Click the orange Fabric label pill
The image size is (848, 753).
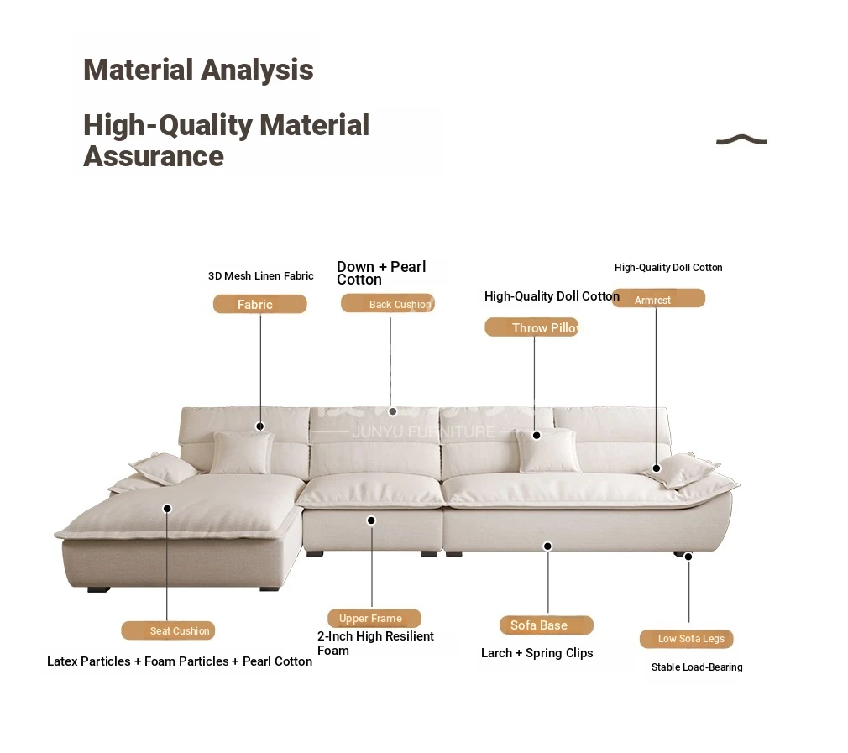(x=259, y=304)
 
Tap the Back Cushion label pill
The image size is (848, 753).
(x=388, y=303)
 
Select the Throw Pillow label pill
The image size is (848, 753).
(x=531, y=327)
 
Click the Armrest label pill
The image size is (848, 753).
(x=658, y=298)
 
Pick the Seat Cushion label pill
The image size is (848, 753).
(x=168, y=630)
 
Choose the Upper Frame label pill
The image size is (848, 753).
(x=374, y=618)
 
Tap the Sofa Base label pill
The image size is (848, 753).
(x=547, y=625)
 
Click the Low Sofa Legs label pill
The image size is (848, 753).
(x=686, y=638)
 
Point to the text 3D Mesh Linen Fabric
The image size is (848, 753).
(x=260, y=275)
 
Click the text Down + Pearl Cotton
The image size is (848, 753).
(x=381, y=273)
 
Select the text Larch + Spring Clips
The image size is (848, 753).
(x=537, y=653)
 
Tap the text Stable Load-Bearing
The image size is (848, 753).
(x=697, y=667)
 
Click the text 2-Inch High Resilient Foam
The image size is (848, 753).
(x=375, y=643)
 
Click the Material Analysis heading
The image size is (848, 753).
(x=198, y=70)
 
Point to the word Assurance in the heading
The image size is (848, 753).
(x=154, y=156)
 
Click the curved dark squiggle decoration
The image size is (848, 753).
(x=741, y=139)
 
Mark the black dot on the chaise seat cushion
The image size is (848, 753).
(x=167, y=508)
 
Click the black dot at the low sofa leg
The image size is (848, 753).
(x=688, y=557)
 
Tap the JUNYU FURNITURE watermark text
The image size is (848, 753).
(x=423, y=432)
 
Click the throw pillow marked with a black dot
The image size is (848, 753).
(x=547, y=450)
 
